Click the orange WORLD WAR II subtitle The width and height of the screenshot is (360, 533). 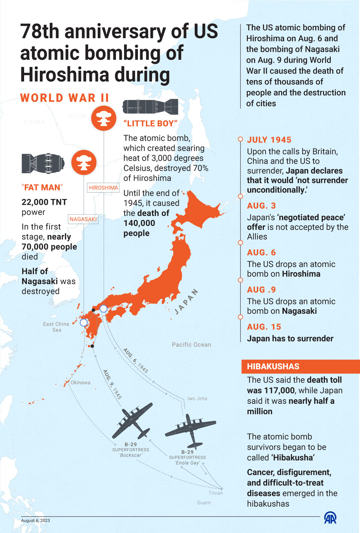pyautogui.click(x=65, y=98)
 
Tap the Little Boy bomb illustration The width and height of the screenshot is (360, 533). pyautogui.click(x=150, y=107)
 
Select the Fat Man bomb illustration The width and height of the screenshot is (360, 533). pyautogui.click(x=42, y=163)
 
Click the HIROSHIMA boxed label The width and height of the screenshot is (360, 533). pyautogui.click(x=104, y=188)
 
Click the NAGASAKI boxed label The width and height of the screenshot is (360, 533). pyautogui.click(x=83, y=219)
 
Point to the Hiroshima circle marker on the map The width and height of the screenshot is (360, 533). pyautogui.click(x=103, y=309)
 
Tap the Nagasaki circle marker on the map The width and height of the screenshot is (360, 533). pyautogui.click(x=84, y=322)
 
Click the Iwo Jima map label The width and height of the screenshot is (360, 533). pyautogui.click(x=197, y=399)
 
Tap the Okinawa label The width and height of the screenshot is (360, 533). pyautogui.click(x=80, y=383)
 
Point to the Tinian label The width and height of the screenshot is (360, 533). pyautogui.click(x=215, y=493)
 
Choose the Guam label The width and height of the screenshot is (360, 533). pyautogui.click(x=204, y=503)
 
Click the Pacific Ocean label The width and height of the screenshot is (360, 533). pyautogui.click(x=191, y=345)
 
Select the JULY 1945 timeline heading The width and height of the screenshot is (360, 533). pyautogui.click(x=269, y=140)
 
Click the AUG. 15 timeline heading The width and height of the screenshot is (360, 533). pyautogui.click(x=264, y=327)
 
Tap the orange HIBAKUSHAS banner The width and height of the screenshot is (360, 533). pyautogui.click(x=300, y=366)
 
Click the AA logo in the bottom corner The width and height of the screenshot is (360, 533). pyautogui.click(x=330, y=518)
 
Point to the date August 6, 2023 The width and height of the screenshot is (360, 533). pyautogui.click(x=35, y=520)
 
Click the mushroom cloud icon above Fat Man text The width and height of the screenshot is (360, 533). pyautogui.click(x=84, y=162)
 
